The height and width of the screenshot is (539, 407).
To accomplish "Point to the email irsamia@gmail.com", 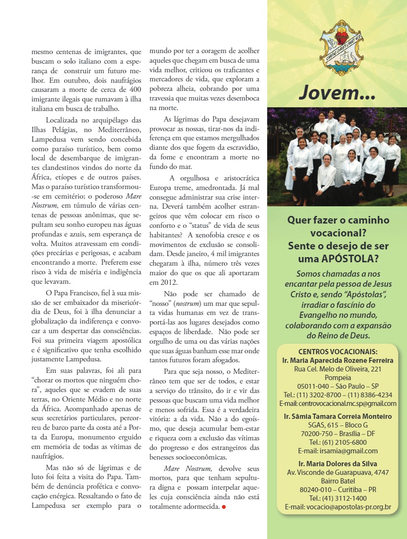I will [338, 451].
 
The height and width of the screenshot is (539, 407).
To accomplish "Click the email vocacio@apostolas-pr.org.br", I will [338, 507].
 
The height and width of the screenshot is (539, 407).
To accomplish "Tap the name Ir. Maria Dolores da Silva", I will [338, 464].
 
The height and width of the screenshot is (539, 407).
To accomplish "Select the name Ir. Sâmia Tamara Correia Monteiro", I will [338, 416].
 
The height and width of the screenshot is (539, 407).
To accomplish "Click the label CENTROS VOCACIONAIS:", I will [338, 351].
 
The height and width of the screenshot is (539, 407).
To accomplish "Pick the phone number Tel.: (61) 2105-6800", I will [338, 442].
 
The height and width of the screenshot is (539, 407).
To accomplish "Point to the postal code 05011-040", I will [312, 386].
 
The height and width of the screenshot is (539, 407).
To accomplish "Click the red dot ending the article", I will [223, 506].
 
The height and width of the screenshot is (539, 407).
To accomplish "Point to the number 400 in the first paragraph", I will [135, 89].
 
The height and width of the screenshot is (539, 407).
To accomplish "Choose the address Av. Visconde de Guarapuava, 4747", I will [338, 473].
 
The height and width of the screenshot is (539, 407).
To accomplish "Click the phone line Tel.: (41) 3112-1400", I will [338, 498].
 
